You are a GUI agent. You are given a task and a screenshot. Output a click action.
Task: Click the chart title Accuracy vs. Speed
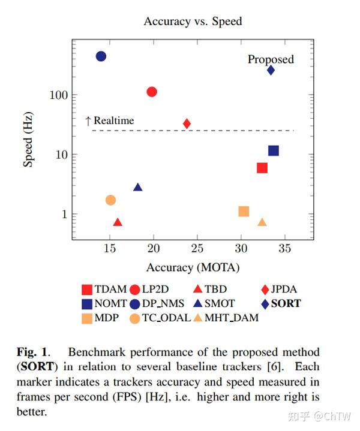[193, 22]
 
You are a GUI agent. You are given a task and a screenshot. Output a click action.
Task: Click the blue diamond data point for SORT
[271, 70]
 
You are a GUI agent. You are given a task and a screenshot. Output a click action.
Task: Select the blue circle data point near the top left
[101, 56]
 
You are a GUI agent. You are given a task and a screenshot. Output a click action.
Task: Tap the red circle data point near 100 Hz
[152, 92]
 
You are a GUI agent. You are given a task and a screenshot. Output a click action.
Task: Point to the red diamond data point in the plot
[187, 123]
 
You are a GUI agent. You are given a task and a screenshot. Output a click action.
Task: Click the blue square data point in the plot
[274, 150]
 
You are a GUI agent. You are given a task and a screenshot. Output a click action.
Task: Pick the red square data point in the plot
[262, 168]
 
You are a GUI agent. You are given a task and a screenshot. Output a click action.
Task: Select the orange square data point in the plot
[244, 211]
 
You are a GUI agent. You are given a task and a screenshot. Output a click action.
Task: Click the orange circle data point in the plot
[110, 200]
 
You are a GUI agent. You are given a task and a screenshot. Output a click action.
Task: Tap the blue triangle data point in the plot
[138, 188]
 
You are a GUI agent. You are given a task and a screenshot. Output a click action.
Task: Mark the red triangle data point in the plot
[118, 222]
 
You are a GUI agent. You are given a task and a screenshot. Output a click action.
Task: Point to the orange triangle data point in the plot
[262, 222]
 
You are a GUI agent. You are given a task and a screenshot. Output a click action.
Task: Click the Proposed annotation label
[271, 59]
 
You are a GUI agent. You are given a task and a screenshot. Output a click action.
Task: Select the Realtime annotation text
[113, 120]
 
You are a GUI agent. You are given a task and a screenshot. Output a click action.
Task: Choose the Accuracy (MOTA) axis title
[193, 267]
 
